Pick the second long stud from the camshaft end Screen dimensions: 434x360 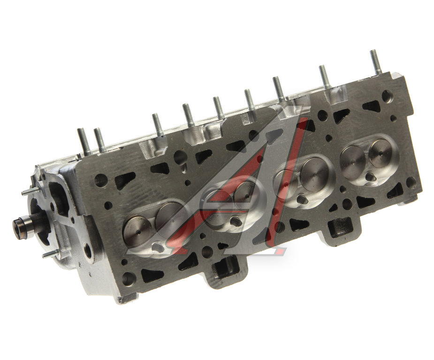point(99,140)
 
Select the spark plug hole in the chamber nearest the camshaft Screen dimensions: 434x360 point(157,247)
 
